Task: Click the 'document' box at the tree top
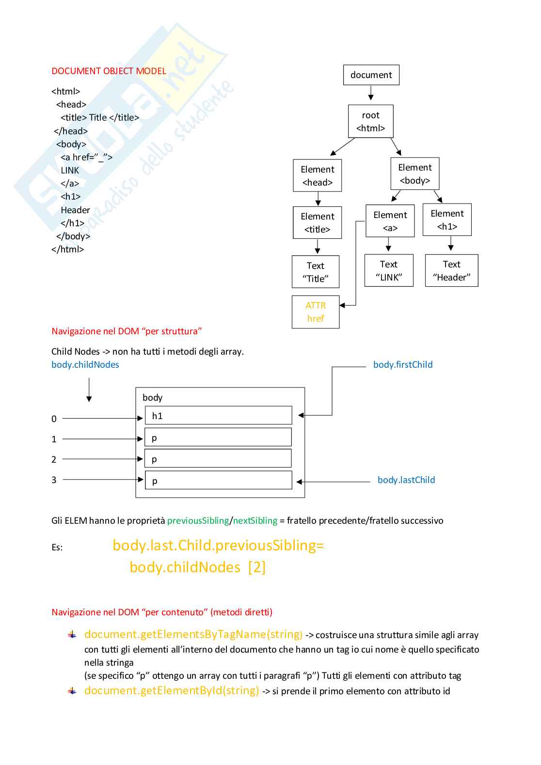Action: [371, 75]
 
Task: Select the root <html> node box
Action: [370, 121]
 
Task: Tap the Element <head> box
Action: [317, 175]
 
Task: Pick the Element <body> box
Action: [415, 173]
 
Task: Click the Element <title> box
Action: [317, 222]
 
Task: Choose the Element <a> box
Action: [390, 221]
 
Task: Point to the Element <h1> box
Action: [447, 219]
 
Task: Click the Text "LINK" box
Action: [389, 270]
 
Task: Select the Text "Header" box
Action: [451, 270]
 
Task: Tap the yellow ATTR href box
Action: [315, 312]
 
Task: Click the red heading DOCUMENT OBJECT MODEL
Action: [109, 71]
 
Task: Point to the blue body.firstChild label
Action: [403, 364]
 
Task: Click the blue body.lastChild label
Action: [406, 480]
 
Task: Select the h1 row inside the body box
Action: [218, 415]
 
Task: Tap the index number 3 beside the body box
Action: [54, 480]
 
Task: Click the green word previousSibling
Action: [198, 520]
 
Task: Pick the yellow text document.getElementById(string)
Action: [172, 690]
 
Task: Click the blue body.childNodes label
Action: [85, 364]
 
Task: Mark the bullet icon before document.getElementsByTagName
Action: [72, 634]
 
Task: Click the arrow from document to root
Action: [371, 93]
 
